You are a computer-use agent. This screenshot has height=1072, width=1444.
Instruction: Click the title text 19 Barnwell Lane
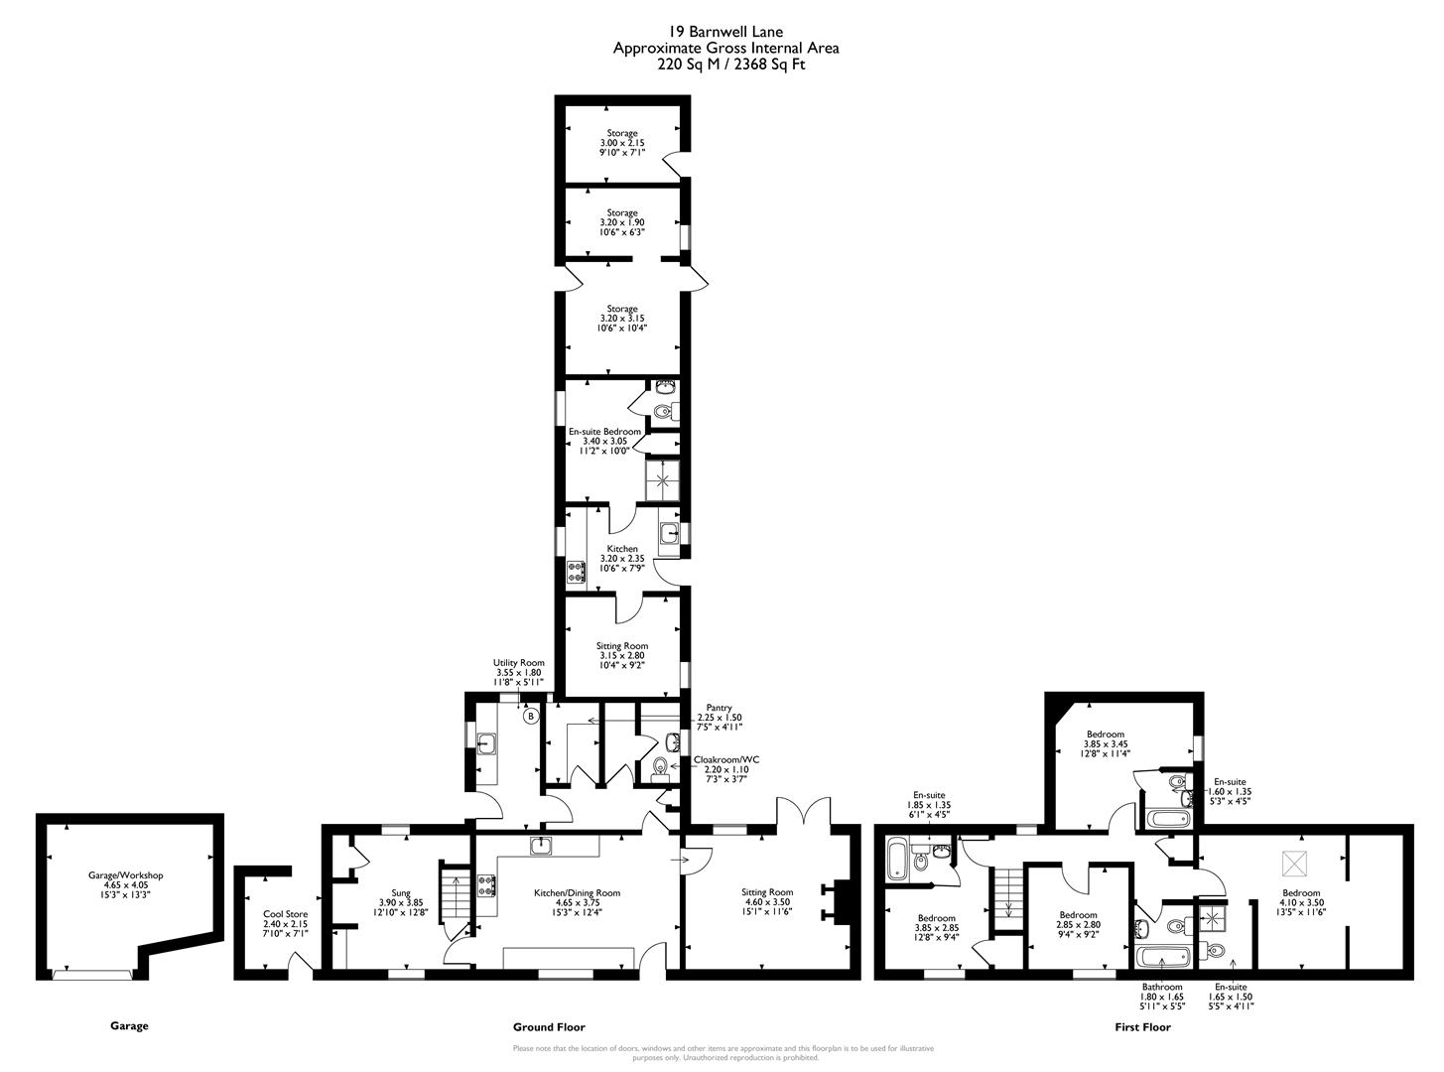[725, 33]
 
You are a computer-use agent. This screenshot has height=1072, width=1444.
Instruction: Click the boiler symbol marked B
[531, 716]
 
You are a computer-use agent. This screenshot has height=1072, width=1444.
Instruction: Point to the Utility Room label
[519, 672]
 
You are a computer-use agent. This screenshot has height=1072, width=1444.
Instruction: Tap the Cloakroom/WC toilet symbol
[662, 767]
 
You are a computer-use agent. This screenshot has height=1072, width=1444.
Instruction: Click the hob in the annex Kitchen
[577, 572]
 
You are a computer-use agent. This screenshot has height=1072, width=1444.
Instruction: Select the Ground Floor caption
[549, 1027]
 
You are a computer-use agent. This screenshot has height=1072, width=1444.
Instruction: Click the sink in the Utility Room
[486, 742]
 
